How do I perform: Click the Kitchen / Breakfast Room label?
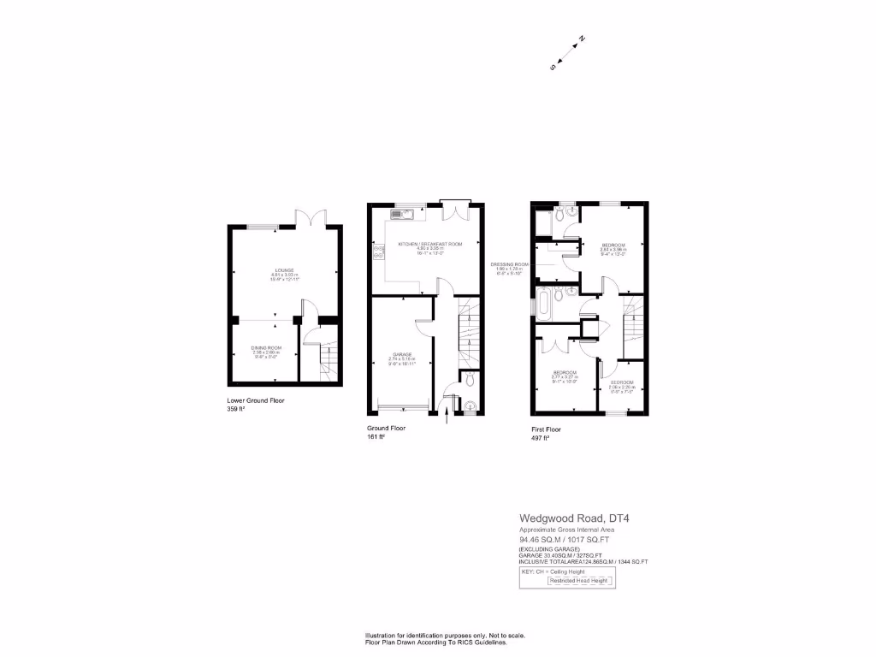(430, 244)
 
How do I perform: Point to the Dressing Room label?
(510, 264)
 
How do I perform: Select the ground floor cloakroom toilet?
(471, 405)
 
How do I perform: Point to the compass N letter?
(582, 38)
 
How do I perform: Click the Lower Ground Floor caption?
(256, 400)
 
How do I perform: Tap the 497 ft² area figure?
(540, 437)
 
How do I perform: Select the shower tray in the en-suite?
(543, 225)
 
